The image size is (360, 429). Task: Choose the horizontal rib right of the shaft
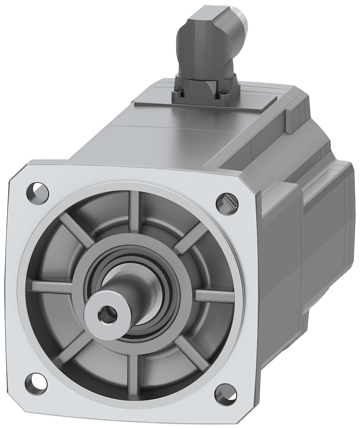[x=214, y=296]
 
